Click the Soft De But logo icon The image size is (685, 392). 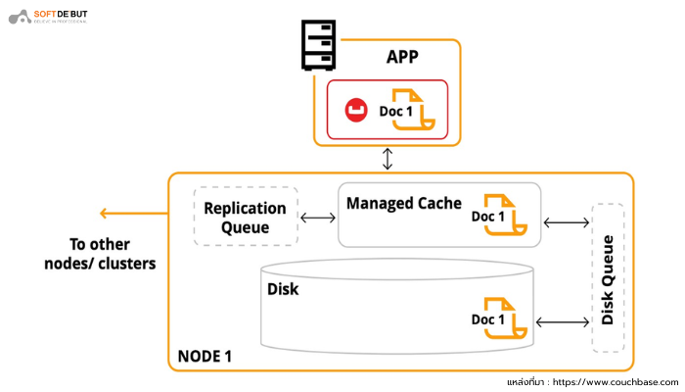[x=17, y=17]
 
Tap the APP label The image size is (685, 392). [x=402, y=57]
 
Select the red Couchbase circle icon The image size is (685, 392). [x=355, y=112]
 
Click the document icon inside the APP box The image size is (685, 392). [x=412, y=110]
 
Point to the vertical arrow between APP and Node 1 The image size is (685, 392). [x=388, y=159]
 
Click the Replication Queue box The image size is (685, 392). [x=245, y=217]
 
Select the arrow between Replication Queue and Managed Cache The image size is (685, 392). [x=316, y=218]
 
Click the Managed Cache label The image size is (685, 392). [x=403, y=203]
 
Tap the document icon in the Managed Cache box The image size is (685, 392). [x=506, y=216]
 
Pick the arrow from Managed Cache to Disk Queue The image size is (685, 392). [x=566, y=222]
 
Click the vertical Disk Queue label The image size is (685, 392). [x=608, y=279]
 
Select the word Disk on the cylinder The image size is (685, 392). [x=283, y=290]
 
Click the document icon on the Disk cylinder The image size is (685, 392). [x=506, y=320]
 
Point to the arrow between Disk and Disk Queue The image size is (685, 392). [x=563, y=321]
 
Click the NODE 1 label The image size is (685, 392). [x=205, y=356]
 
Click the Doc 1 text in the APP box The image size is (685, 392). [x=396, y=112]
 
